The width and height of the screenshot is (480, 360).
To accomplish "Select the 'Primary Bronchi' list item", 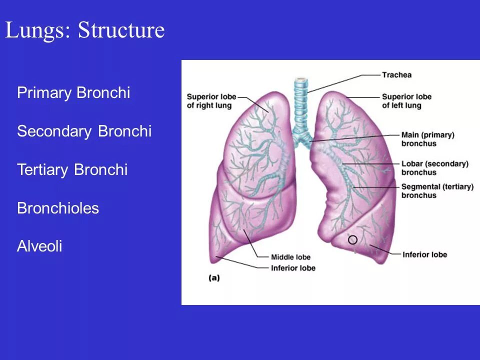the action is [x=73, y=93].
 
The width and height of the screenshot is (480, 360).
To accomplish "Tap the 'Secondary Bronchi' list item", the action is [x=84, y=131].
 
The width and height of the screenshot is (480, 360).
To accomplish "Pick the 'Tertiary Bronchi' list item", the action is [x=72, y=170].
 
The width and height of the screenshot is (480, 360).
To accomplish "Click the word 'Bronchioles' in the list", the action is [x=58, y=208].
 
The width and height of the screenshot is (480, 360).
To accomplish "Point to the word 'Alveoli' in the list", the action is [x=39, y=246].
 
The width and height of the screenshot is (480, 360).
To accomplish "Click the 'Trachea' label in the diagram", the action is [x=396, y=75].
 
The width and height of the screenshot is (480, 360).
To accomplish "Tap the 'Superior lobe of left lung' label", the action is [x=406, y=101].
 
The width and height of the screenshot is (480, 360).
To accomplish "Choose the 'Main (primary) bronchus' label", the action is [x=427, y=139].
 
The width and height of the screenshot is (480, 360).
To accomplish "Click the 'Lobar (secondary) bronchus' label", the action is [x=434, y=168].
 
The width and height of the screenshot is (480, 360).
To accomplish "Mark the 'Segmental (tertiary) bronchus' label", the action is [x=437, y=191].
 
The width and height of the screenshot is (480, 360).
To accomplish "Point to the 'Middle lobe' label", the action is [x=290, y=257].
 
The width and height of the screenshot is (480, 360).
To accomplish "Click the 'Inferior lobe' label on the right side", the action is [x=424, y=255].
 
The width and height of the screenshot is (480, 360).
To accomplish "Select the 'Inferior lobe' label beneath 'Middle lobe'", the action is [x=293, y=268].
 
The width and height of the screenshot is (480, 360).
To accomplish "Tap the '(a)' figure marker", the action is [x=213, y=278].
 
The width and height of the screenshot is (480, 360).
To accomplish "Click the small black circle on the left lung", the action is [x=352, y=239].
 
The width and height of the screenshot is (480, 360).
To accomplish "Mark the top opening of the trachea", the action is [x=300, y=79].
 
